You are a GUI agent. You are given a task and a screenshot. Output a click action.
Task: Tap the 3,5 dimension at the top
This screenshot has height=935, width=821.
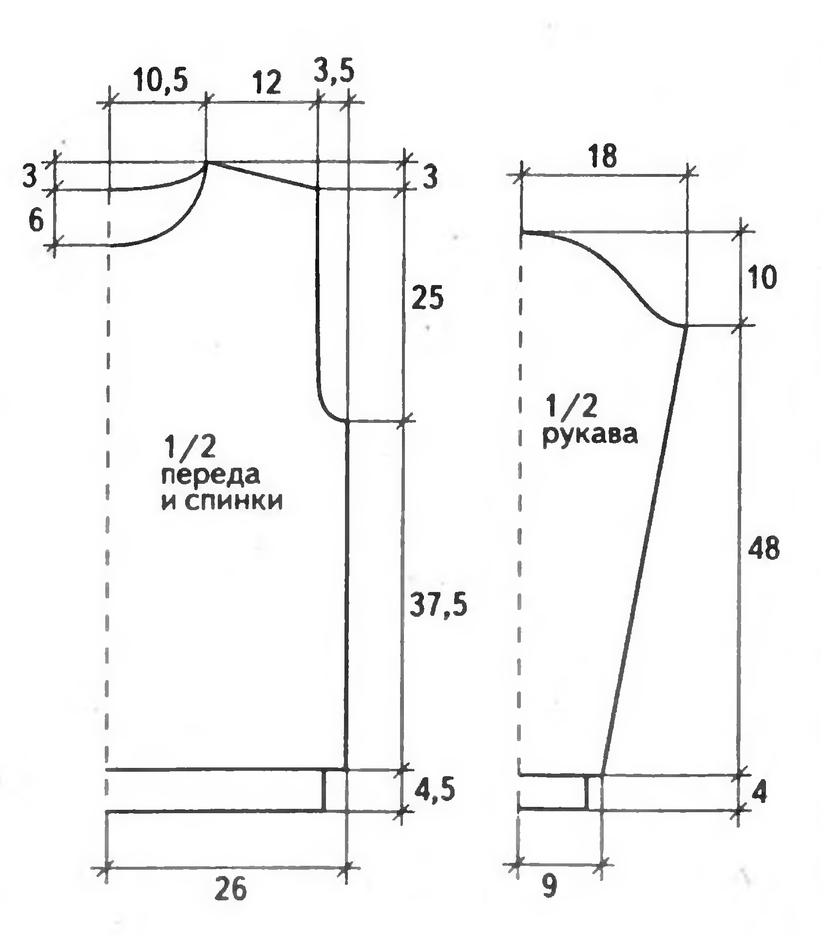[334, 71]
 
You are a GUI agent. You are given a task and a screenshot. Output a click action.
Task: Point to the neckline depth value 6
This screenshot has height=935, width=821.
[36, 222]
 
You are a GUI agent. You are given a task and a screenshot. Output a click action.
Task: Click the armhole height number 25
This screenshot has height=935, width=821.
[427, 298]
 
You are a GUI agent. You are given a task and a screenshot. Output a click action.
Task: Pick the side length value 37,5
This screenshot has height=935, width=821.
[439, 606]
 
